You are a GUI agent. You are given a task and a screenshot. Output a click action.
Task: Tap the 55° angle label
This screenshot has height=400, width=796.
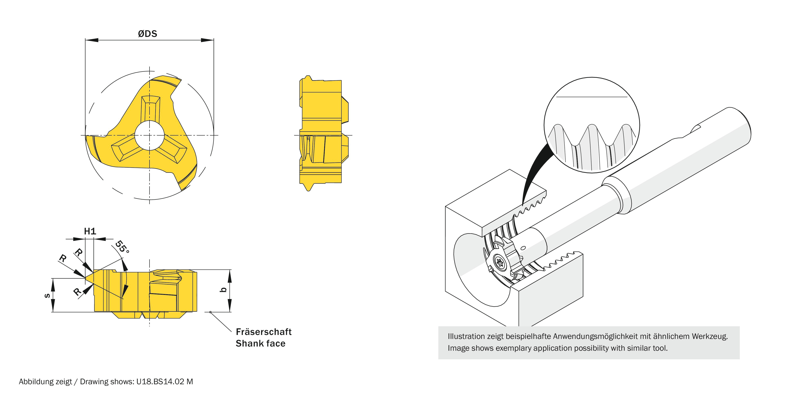[x=122, y=247]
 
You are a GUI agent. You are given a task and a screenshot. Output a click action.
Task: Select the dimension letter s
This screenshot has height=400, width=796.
[x=47, y=295]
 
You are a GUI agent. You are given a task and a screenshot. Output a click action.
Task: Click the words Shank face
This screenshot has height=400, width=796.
[x=260, y=343]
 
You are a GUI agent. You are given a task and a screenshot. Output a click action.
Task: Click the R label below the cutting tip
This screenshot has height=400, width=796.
[x=77, y=291]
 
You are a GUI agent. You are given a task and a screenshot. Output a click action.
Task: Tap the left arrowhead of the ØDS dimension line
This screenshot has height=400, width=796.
[x=92, y=40]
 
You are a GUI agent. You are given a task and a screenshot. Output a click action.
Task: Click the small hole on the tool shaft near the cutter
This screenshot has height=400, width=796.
[x=523, y=248]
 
